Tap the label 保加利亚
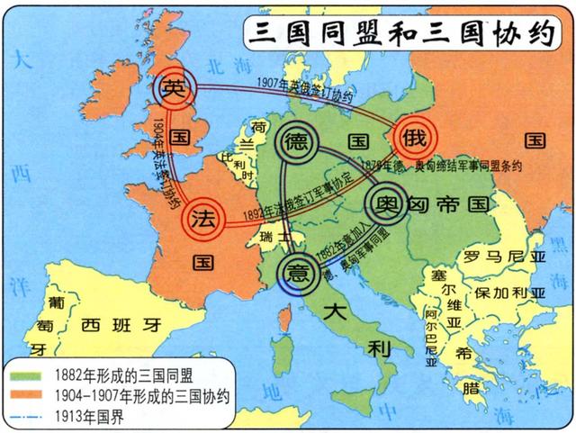509,294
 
